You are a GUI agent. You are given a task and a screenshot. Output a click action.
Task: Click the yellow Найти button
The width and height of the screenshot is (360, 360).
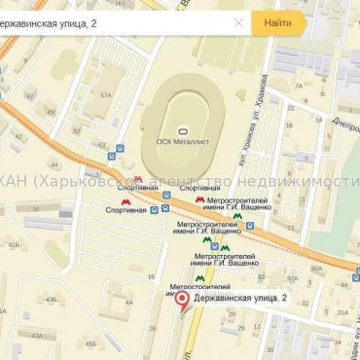coord(277,22)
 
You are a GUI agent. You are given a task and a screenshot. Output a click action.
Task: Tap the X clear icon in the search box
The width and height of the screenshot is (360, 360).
coord(238,22)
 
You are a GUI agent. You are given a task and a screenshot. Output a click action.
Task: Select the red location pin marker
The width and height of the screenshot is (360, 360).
coord(181,301)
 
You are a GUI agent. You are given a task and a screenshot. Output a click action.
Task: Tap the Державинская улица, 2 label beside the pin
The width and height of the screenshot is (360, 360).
coord(238,296)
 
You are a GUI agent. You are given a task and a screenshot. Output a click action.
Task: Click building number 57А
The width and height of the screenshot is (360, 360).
coord(105,94)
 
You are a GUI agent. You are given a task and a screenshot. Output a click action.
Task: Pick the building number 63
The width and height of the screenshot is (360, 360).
coord(101,145)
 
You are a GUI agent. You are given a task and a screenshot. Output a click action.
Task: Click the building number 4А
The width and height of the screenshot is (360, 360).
coord(127,302)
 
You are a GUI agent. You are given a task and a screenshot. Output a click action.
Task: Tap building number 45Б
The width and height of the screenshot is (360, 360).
coord(90,342)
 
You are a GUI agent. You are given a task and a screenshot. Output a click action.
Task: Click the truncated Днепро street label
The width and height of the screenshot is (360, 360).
coord(345,125)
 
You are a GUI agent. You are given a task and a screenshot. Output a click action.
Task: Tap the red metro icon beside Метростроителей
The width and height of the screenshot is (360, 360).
coord(199,199)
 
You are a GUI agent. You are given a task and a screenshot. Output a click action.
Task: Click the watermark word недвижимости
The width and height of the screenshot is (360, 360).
coord(311,182)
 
